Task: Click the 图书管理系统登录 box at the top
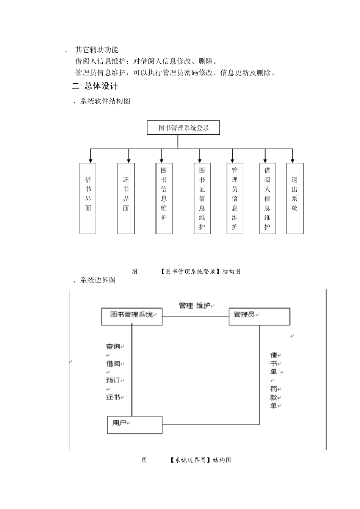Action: point(183,128)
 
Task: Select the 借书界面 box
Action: point(88,198)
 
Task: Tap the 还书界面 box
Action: point(126,198)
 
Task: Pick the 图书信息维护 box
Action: point(164,198)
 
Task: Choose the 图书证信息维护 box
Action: point(202,198)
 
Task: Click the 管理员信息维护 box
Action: point(235,198)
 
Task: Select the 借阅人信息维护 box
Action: point(268,198)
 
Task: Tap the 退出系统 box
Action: point(295,198)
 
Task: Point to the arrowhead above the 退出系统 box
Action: point(293,161)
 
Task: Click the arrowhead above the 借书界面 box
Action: point(90,161)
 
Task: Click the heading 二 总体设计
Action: point(95,86)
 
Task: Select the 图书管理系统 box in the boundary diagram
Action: point(131,317)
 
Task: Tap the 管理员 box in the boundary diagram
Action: point(259,317)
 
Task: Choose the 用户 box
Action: point(135,425)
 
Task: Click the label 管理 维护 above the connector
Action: point(195,305)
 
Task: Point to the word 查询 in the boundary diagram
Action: point(113,346)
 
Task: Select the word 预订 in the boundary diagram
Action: point(113,380)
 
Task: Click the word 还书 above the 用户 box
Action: point(113,397)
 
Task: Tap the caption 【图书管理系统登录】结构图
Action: point(200,271)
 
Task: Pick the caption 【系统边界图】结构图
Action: point(200,460)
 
